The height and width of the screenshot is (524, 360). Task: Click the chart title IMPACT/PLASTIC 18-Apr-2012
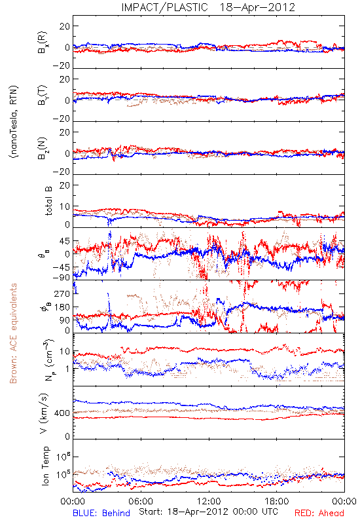coord(208,7)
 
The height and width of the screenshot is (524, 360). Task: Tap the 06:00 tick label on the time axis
coord(141,501)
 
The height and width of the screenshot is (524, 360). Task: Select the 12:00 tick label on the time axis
coord(209,501)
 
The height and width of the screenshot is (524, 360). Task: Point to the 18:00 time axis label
coord(277,501)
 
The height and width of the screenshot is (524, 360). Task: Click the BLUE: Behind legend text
coord(101,513)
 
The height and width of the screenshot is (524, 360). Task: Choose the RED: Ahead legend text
coord(319,513)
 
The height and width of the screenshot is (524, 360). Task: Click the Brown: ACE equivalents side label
coord(13,333)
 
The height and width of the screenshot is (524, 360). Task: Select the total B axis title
coord(48,200)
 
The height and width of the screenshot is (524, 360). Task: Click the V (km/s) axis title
coord(44,413)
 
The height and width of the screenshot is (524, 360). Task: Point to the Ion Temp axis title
coord(45,466)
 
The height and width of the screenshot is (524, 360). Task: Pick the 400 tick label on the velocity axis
coord(62,413)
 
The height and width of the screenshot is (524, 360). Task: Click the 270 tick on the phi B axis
coord(62,293)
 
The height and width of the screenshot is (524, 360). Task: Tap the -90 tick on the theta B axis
coord(62,277)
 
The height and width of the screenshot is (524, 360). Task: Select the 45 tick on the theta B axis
coord(65,241)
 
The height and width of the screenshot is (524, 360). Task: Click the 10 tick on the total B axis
coord(65,207)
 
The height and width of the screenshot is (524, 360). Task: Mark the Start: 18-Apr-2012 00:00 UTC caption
coord(208,512)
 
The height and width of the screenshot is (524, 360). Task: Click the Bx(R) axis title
coord(43,43)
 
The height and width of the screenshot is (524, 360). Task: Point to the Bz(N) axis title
coord(43,148)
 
